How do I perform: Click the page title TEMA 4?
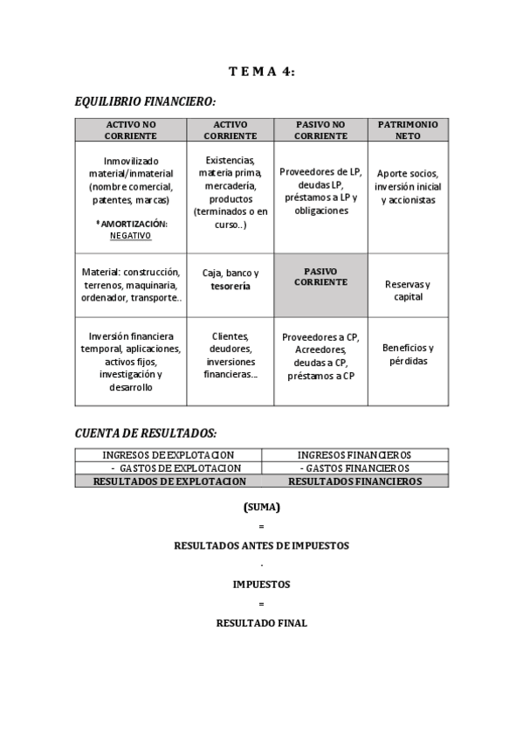(x=261, y=72)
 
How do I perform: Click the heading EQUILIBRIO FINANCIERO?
(x=145, y=102)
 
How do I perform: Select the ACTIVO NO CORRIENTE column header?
(x=130, y=130)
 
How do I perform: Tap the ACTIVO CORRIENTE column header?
(x=231, y=130)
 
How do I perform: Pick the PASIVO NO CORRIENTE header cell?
(x=320, y=130)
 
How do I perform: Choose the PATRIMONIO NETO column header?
(x=407, y=130)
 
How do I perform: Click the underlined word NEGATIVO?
(x=130, y=235)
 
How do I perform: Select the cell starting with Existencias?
(x=231, y=192)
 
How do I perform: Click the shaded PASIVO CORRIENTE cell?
(x=320, y=276)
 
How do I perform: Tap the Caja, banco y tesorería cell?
(x=231, y=279)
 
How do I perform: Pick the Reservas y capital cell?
(x=408, y=290)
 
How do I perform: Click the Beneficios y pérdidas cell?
(x=408, y=354)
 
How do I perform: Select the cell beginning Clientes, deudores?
(x=231, y=355)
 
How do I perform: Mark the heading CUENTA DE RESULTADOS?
(x=146, y=433)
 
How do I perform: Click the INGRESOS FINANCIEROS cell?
(x=354, y=454)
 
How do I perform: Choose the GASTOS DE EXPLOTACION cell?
(x=169, y=467)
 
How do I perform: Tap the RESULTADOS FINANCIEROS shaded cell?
(x=354, y=481)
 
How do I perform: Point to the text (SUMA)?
(x=261, y=507)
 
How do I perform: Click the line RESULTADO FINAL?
(x=261, y=623)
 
